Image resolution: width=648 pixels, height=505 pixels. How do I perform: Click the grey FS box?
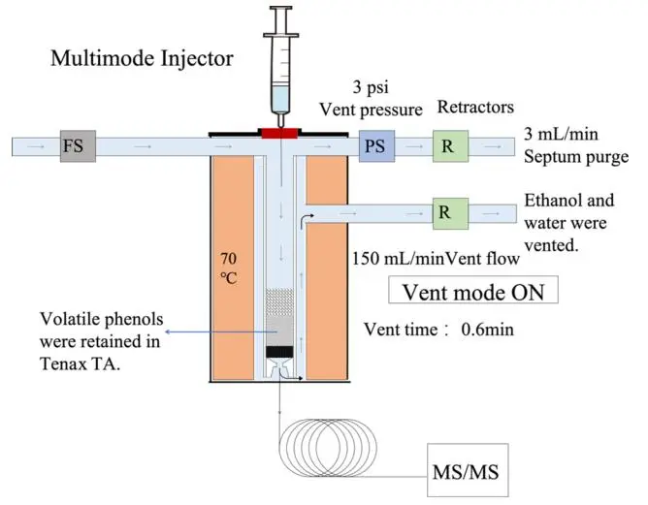[x=74, y=146]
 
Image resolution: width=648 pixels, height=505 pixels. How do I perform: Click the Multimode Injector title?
[x=142, y=59]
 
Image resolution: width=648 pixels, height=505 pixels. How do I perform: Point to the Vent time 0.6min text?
[x=437, y=330]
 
